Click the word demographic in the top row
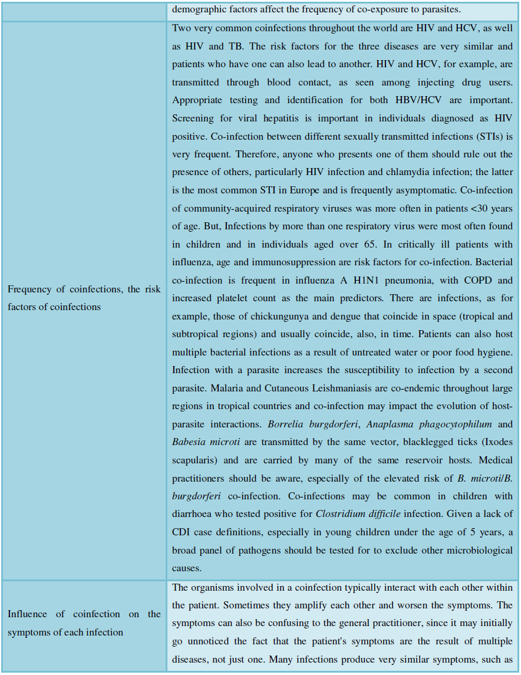(198, 9)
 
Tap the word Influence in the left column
(28, 614)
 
